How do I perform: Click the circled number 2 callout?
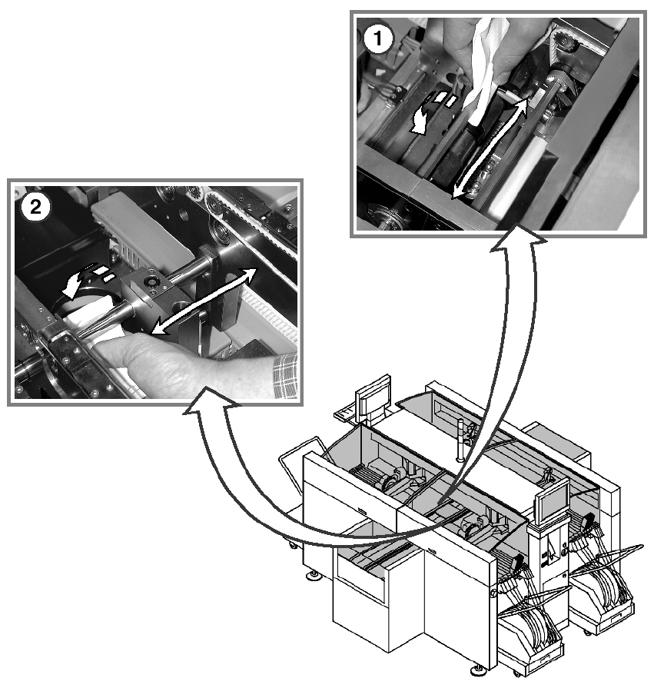35,206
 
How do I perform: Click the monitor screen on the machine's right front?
552,504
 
